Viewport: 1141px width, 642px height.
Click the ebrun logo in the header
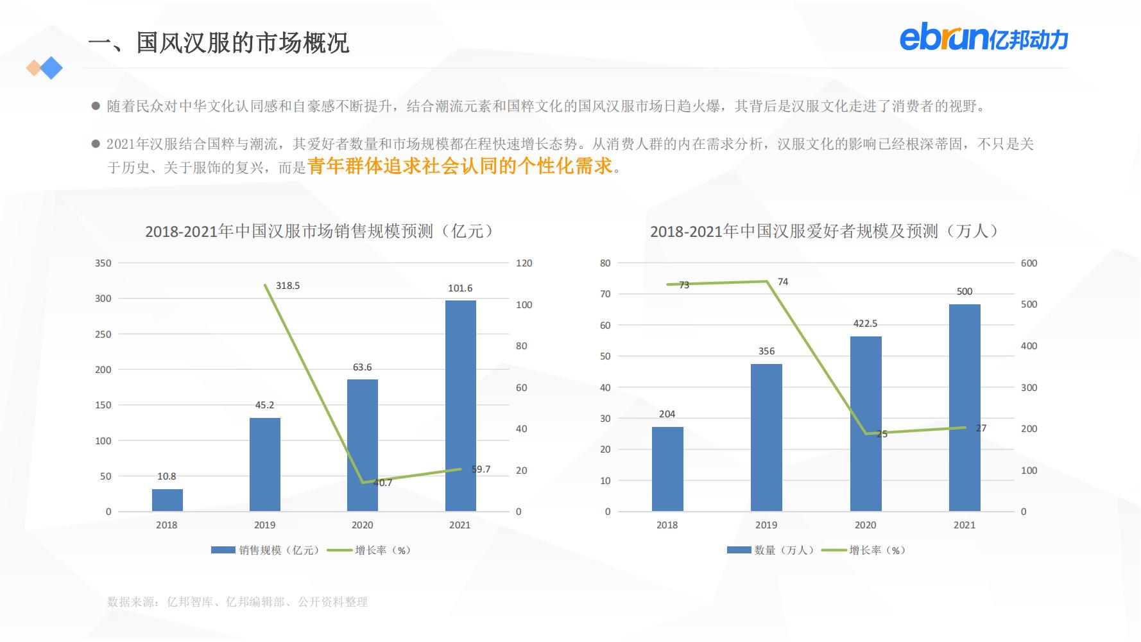tap(984, 39)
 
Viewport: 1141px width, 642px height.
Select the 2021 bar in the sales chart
tap(460, 406)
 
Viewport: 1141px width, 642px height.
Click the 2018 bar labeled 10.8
tap(167, 500)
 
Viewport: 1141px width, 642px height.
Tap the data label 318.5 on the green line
tap(287, 286)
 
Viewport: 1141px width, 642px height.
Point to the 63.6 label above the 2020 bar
tap(362, 367)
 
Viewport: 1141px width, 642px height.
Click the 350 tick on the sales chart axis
tap(103, 263)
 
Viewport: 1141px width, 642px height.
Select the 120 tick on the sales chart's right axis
tap(524, 263)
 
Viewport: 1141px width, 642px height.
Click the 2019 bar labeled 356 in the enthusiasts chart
tap(766, 437)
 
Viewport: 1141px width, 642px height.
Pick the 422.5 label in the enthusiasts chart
tap(865, 324)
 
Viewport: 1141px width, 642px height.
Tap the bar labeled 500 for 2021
tap(964, 408)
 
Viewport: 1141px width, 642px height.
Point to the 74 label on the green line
tap(783, 282)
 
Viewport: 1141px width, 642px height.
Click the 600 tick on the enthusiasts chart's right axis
tap(1029, 263)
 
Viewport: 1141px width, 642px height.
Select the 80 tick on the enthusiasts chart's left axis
tap(605, 263)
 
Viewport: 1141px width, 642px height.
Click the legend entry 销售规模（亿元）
tap(265, 550)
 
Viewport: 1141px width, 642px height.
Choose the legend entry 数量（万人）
tap(770, 550)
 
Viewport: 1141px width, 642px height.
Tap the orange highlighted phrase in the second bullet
tap(460, 166)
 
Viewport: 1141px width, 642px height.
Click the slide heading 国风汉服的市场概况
tap(219, 43)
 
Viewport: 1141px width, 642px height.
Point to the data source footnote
tap(237, 602)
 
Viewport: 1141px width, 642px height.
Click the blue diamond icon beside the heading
tap(51, 67)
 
